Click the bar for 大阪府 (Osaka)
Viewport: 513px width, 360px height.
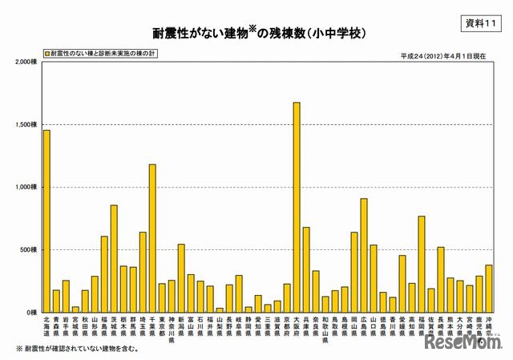click(x=297, y=207)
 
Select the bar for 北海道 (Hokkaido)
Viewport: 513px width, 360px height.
click(x=46, y=220)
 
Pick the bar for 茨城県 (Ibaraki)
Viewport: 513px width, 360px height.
click(x=114, y=258)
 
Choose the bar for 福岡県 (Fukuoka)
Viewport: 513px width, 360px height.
click(x=422, y=264)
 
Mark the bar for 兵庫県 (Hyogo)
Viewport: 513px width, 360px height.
click(x=306, y=269)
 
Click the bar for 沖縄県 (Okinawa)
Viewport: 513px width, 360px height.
click(x=489, y=288)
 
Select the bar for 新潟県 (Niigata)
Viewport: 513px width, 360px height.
click(x=181, y=277)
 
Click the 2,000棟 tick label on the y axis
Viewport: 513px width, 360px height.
click(x=26, y=63)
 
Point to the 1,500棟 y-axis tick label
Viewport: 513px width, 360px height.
click(x=26, y=125)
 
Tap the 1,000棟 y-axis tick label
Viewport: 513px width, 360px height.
click(x=26, y=187)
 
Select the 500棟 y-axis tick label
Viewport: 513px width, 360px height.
click(x=29, y=249)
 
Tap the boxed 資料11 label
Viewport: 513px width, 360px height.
click(x=481, y=24)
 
